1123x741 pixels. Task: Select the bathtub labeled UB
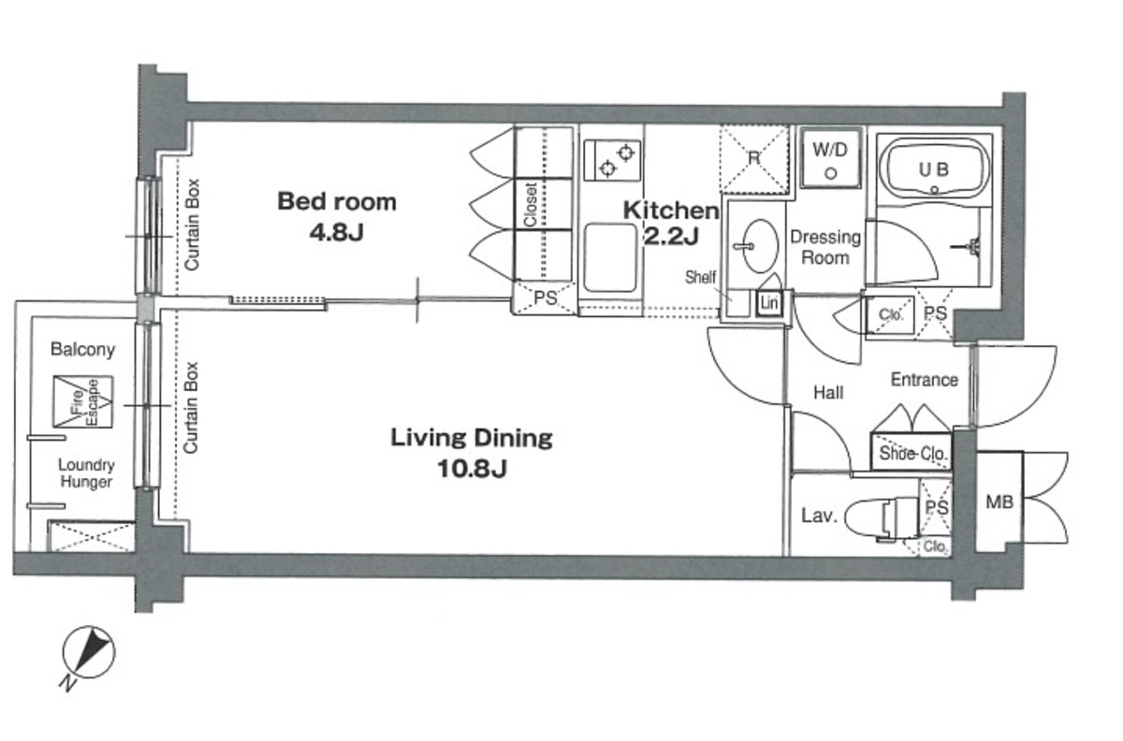934,170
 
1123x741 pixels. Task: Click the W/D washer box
831,158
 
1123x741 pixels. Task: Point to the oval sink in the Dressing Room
760,246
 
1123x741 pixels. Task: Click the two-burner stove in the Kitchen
612,160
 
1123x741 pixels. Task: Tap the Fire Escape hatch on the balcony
83,401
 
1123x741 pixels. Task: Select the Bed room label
337,201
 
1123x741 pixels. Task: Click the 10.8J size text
473,469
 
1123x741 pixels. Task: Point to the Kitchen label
671,211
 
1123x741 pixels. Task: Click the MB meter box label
999,501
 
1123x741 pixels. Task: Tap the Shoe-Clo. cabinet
912,452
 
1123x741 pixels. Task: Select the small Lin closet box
769,303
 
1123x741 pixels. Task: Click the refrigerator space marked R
754,159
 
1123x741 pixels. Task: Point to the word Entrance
924,380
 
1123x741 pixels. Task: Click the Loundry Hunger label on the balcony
86,473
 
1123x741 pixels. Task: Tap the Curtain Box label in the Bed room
192,225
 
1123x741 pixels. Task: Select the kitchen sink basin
610,257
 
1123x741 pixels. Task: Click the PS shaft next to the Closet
545,298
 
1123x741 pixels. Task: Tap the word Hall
828,393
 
